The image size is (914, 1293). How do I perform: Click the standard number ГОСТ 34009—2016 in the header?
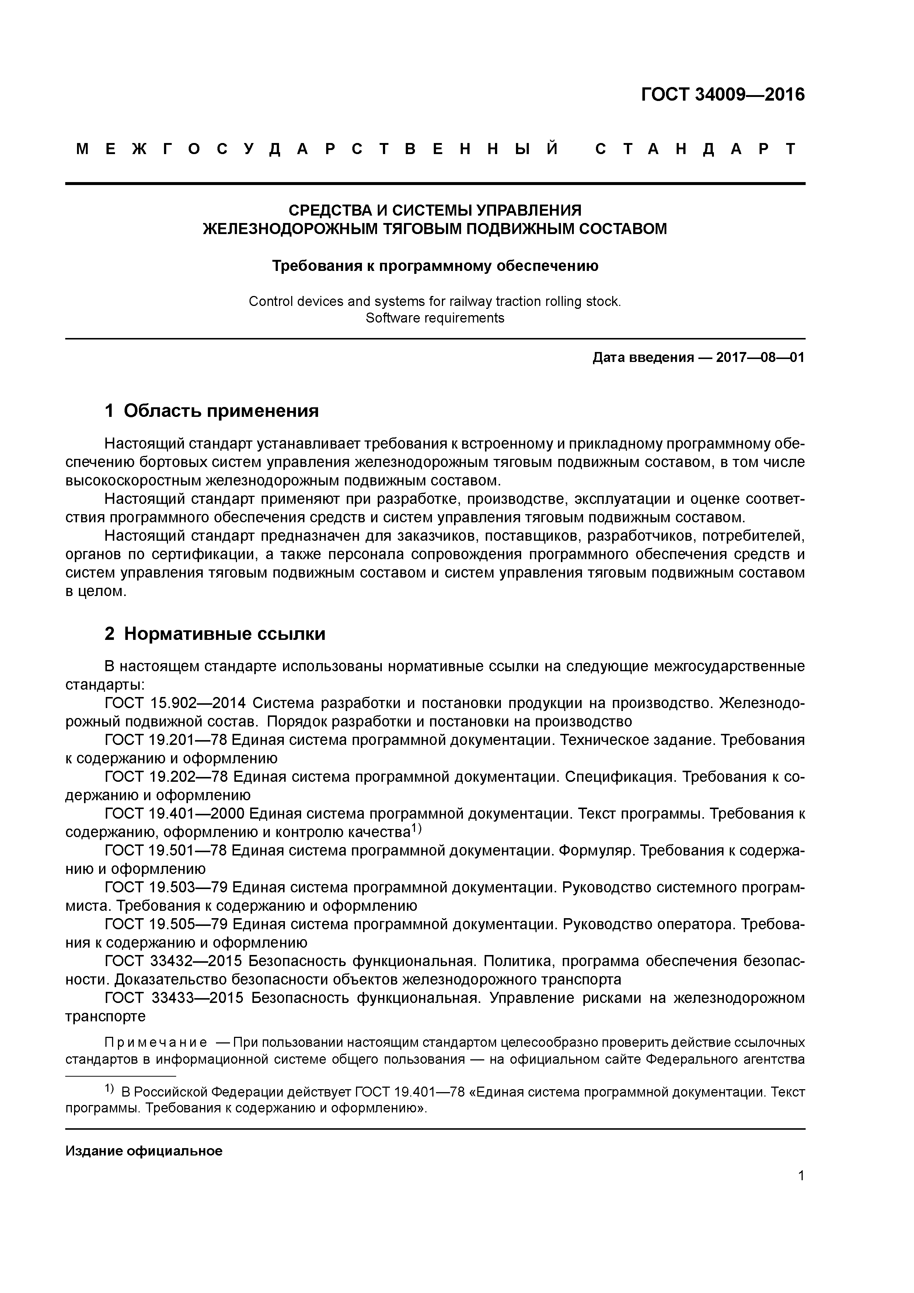(722, 95)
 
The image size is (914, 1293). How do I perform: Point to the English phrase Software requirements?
(435, 318)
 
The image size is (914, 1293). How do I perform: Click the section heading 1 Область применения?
(212, 411)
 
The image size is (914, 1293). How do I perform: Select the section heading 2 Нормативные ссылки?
(215, 634)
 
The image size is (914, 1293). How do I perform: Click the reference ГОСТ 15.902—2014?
(176, 703)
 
